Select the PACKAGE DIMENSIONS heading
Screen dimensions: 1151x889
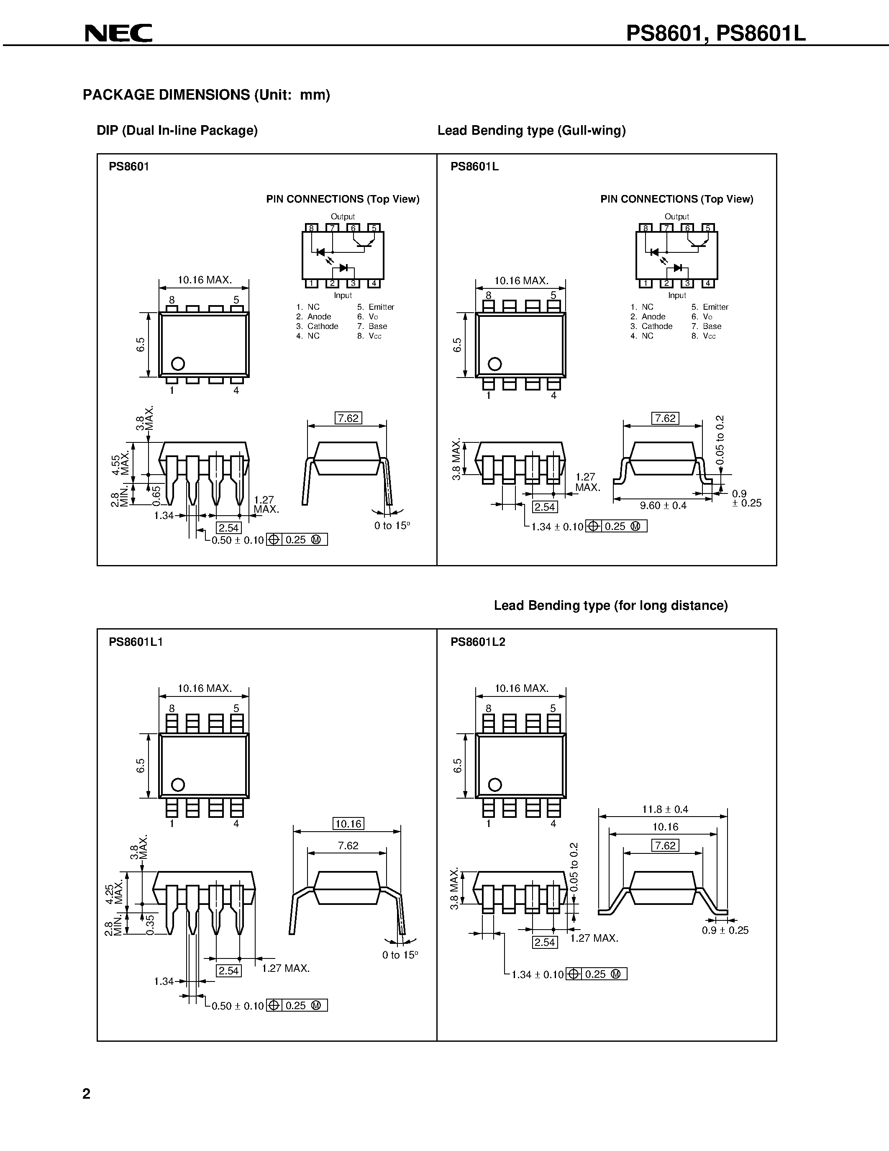pos(206,95)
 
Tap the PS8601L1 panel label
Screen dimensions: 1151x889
pos(136,642)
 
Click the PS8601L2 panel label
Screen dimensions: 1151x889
pos(478,642)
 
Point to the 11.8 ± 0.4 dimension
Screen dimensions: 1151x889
pos(665,809)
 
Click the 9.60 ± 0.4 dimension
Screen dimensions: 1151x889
pos(663,506)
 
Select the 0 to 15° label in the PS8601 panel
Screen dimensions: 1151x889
pos(392,525)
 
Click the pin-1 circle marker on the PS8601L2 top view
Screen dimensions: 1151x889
pos(494,785)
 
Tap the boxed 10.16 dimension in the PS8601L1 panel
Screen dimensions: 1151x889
pos(348,824)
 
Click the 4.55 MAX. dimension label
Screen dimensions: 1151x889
pos(120,463)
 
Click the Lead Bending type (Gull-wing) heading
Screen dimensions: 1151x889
pos(531,131)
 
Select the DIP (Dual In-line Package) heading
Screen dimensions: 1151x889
pos(177,131)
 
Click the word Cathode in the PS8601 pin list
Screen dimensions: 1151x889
pos(323,326)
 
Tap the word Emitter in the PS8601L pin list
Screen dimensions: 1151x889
pos(715,307)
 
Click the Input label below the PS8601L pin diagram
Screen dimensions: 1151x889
pos(677,295)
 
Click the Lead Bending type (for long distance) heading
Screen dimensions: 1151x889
pos(610,606)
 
